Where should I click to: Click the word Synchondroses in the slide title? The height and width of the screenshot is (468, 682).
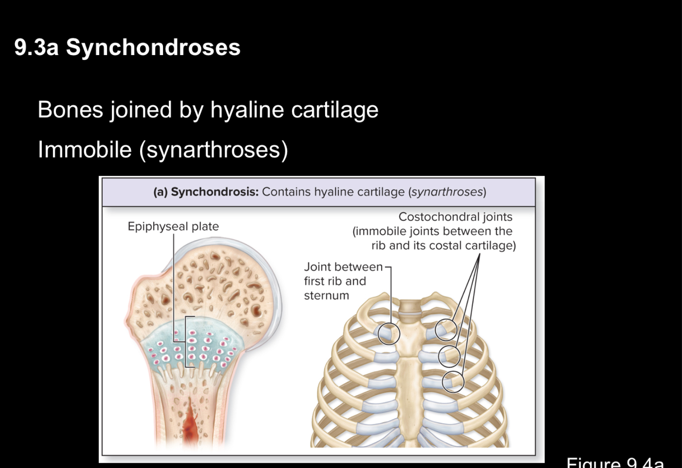pos(153,47)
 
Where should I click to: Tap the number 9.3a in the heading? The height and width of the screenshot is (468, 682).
pos(36,47)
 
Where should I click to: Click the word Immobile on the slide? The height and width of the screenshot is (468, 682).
pos(85,149)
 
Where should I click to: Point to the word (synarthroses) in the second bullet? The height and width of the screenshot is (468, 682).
pos(213,149)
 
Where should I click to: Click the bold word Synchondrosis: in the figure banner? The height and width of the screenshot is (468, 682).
pos(215,192)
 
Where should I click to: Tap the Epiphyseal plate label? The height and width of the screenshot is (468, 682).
pos(173,227)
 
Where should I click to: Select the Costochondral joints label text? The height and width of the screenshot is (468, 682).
pos(455,217)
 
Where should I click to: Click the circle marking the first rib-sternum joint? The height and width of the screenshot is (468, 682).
pos(389,333)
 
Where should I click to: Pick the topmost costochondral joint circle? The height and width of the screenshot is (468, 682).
pos(446,330)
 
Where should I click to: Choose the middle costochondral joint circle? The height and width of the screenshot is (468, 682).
pos(449,356)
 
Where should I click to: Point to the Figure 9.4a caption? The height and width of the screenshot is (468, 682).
pos(615,463)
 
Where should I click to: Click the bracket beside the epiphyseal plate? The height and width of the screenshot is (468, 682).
pos(187,342)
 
